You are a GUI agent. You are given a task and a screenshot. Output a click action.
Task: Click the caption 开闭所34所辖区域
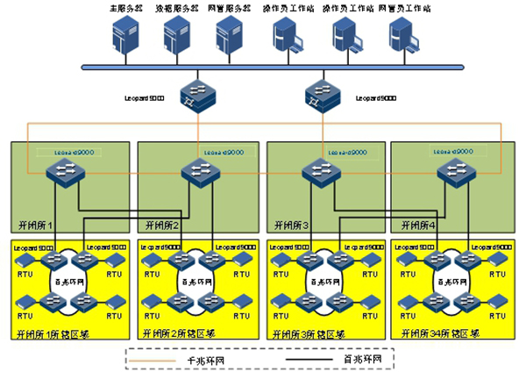pyautogui.click(x=440, y=333)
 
